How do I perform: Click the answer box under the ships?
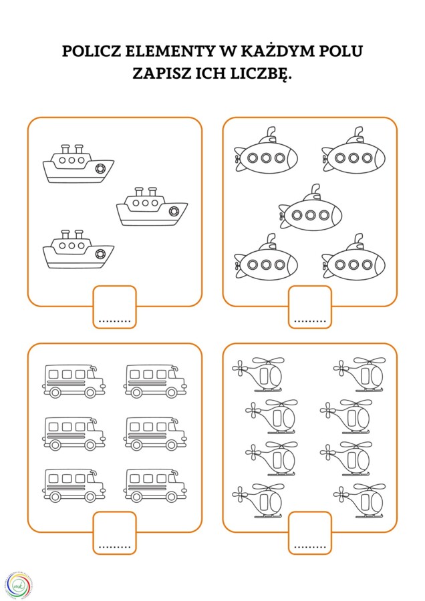click(114, 307)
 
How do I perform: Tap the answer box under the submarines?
click(310, 307)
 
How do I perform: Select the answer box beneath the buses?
click(114, 532)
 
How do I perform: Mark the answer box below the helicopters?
click(310, 532)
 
